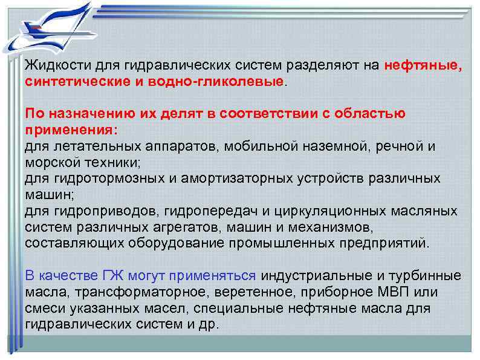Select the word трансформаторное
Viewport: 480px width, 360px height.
point(126,292)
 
